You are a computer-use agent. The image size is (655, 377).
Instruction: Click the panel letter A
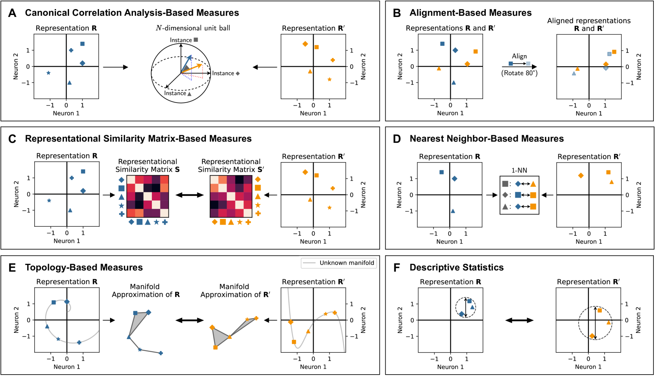12,13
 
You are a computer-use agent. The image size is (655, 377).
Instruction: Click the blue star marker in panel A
49,73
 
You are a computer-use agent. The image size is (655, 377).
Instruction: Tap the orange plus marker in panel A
333,60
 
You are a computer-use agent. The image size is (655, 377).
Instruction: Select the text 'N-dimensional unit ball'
193,28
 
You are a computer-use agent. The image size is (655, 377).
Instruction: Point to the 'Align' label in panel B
519,56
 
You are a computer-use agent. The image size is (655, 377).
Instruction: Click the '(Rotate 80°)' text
519,73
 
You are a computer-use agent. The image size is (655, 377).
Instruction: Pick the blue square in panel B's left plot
442,44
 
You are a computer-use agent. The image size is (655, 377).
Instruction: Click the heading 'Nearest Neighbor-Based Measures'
487,138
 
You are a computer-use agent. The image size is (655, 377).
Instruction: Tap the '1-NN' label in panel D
519,170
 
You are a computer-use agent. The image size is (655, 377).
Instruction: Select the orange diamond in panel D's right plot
580,175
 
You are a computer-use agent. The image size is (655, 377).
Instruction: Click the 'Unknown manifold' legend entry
347,263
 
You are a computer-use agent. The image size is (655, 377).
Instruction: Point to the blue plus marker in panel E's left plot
79,342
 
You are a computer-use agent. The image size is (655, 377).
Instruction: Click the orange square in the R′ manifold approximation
215,347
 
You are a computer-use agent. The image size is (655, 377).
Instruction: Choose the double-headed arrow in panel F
519,320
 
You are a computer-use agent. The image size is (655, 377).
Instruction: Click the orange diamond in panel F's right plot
592,336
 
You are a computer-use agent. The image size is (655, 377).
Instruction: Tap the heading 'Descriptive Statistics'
456,267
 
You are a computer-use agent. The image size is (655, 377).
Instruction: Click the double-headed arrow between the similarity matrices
189,195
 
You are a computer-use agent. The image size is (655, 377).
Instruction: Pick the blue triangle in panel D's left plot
453,211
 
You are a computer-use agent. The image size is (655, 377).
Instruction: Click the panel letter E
12,268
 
